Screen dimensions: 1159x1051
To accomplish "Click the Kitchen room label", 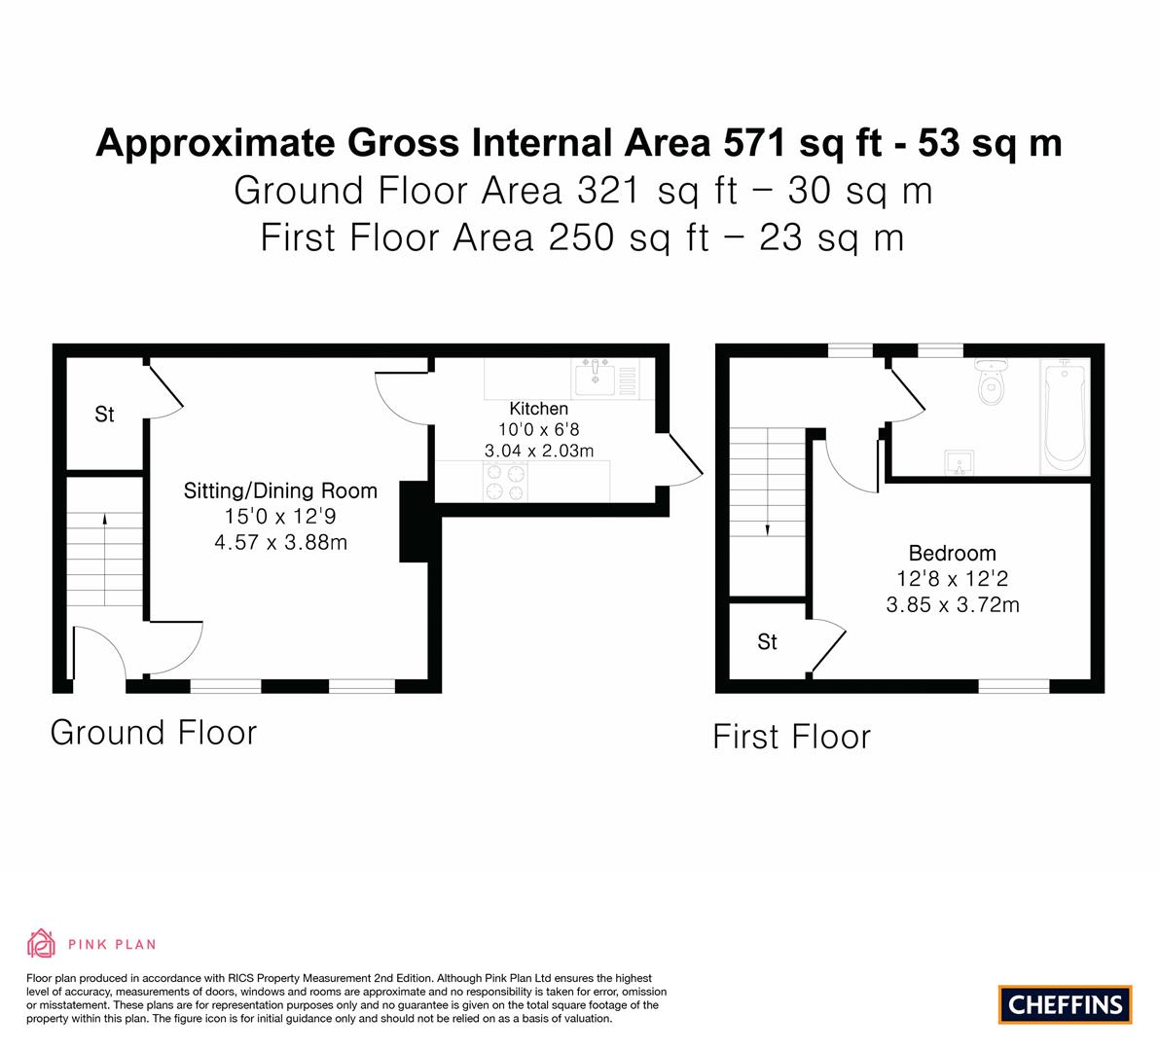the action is tap(538, 409).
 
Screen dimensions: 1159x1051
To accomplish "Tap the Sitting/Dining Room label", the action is tap(280, 490).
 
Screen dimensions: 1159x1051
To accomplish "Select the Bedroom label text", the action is tap(952, 553).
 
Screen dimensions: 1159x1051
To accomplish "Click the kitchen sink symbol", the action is tap(595, 379).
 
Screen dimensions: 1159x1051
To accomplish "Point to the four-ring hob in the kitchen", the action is tap(506, 482).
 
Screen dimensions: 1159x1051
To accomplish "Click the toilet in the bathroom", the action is tap(991, 381).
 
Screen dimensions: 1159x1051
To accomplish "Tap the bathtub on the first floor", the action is tap(1064, 417).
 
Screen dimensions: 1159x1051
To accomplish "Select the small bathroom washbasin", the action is tap(960, 462).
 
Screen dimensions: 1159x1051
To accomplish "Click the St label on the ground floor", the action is tap(104, 415).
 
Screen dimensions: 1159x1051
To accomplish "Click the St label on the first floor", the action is tap(767, 641).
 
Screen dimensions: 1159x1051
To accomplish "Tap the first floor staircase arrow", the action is tap(767, 481).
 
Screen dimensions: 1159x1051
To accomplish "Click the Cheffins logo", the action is tap(1066, 1004).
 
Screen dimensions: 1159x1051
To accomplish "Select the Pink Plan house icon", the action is tap(42, 943).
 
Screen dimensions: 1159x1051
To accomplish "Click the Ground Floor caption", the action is tap(154, 733).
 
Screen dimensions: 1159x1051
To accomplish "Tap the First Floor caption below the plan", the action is tap(791, 737).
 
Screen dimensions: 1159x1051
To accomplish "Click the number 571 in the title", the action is tap(755, 143).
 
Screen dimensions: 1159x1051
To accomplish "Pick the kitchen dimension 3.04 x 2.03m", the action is tap(539, 451).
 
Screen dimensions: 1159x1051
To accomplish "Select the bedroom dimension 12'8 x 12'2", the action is tap(952, 579).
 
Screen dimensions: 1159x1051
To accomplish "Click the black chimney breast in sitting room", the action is tap(414, 522).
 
